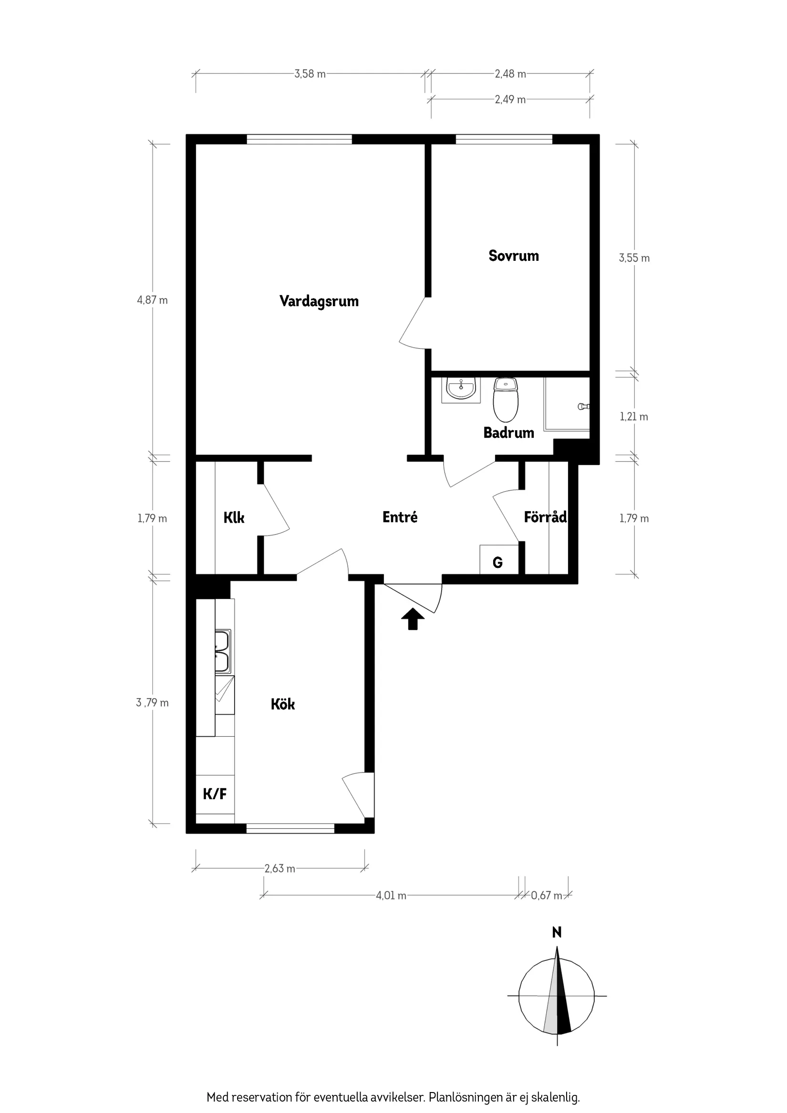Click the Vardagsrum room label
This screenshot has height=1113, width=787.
click(319, 301)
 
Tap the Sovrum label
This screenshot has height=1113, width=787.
click(513, 256)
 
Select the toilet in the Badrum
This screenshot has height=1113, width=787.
click(505, 400)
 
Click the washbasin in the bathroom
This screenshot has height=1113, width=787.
click(461, 389)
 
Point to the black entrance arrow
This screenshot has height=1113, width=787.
click(413, 618)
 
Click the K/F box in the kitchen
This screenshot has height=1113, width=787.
click(215, 794)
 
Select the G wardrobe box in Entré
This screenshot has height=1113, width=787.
click(497, 562)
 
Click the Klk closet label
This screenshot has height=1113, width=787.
click(234, 518)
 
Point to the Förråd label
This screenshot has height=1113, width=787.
click(545, 517)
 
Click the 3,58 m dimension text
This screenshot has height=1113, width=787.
click(310, 74)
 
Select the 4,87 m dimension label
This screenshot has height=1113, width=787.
click(152, 300)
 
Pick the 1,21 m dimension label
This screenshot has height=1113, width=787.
click(633, 417)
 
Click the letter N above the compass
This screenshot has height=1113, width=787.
click(557, 932)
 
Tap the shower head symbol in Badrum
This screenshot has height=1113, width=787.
click(583, 406)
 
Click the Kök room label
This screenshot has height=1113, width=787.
click(283, 704)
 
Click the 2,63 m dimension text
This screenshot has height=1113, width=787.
click(280, 869)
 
